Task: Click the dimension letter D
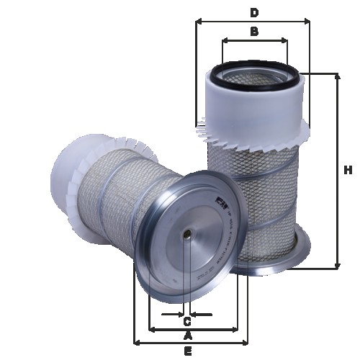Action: point(253,12)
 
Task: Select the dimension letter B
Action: point(253,31)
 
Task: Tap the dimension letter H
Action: point(348,171)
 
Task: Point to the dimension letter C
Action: point(186,321)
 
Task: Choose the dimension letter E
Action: point(188,351)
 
